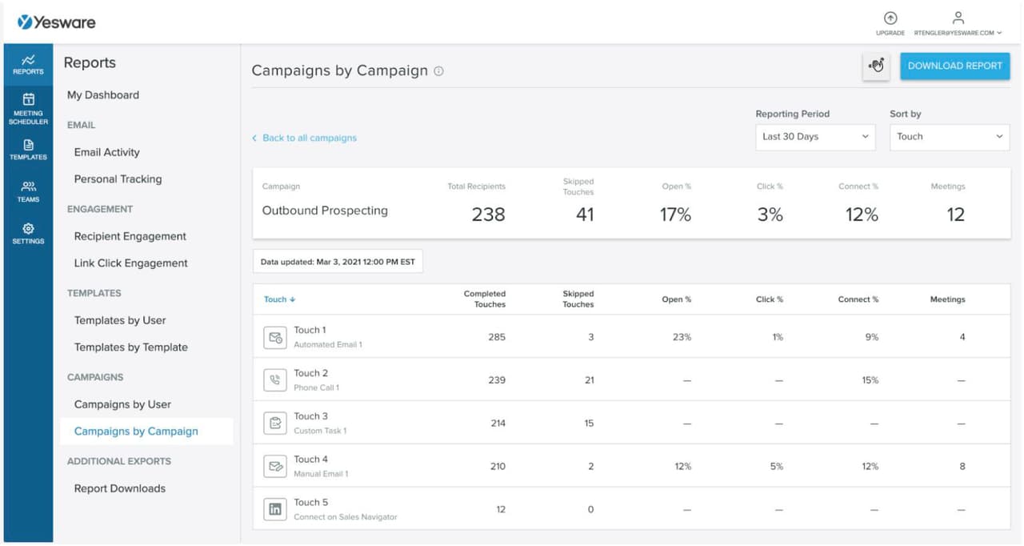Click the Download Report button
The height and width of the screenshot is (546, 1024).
[x=954, y=66]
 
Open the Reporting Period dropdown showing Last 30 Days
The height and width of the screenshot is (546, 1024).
[x=815, y=137]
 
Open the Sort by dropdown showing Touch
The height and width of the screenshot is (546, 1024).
[x=949, y=137]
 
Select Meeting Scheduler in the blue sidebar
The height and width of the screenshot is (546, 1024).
[x=28, y=108]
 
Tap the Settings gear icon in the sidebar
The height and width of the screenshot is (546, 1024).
[x=28, y=232]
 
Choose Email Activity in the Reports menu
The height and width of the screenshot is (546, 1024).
[x=106, y=152]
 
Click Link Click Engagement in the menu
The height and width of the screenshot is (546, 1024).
[x=130, y=263]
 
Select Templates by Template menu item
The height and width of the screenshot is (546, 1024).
[x=130, y=347]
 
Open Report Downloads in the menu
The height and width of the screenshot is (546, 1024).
[x=119, y=488]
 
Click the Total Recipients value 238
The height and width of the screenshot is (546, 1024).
[x=487, y=215]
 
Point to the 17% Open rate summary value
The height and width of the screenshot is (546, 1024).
[x=674, y=215]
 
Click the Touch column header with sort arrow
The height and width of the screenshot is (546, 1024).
[x=279, y=299]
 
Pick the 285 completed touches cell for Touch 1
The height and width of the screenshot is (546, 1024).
[x=496, y=337]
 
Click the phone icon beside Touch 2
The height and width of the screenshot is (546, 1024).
[x=274, y=380]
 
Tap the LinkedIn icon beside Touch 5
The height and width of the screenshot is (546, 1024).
[x=274, y=509]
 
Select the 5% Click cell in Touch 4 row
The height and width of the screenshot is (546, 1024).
[x=776, y=466]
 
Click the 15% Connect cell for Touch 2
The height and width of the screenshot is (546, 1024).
[x=870, y=380]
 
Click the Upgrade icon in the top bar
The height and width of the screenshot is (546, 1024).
[x=890, y=19]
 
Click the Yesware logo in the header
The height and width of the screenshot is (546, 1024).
[x=56, y=22]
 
